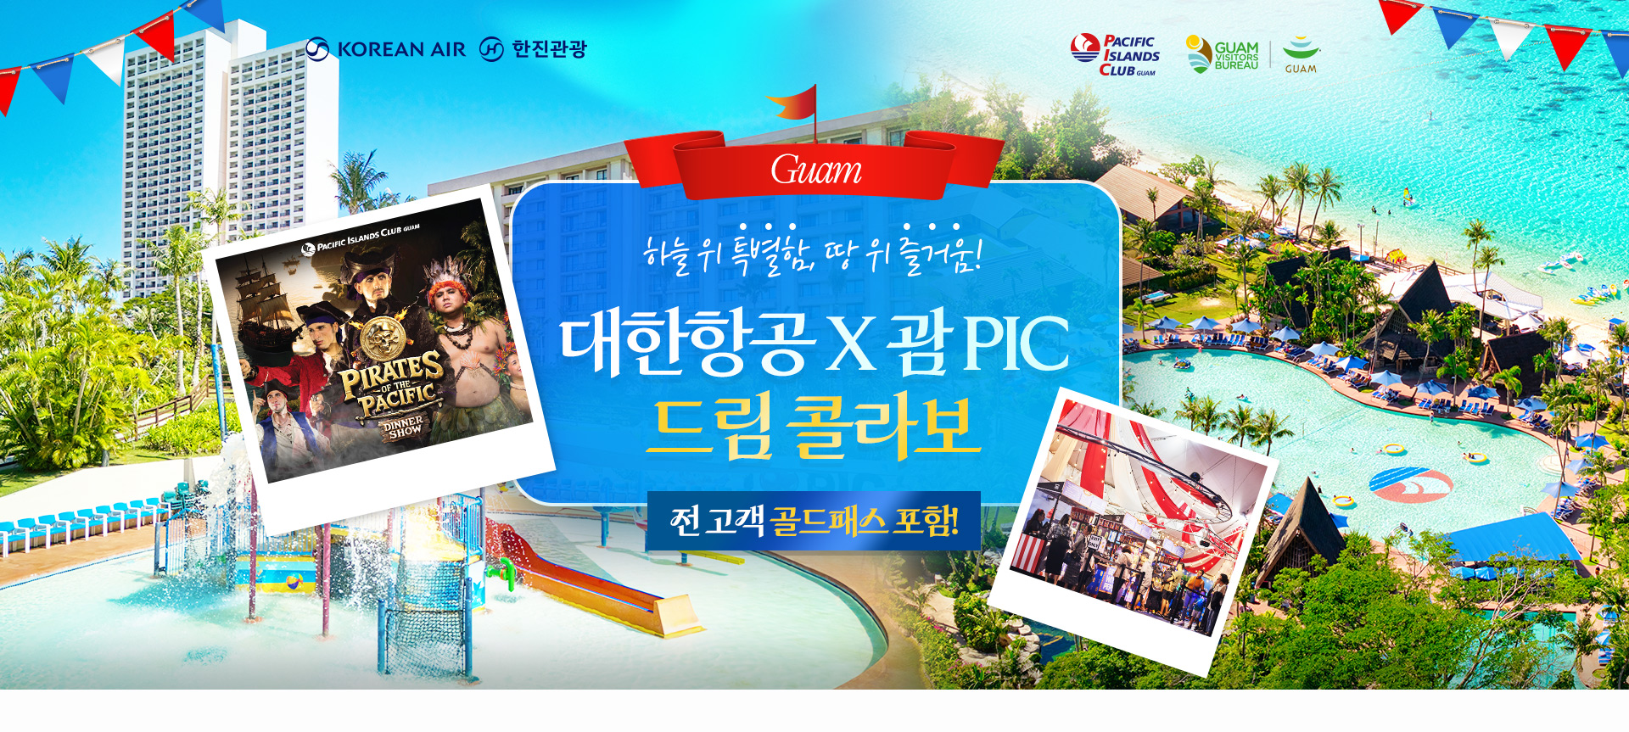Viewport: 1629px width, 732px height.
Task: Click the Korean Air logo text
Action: click(400, 50)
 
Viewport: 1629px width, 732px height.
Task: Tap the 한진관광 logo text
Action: click(548, 49)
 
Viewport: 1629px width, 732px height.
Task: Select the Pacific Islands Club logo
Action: click(1115, 55)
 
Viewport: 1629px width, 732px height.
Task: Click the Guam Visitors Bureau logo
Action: click(1223, 55)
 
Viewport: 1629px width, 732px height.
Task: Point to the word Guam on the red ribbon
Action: click(815, 170)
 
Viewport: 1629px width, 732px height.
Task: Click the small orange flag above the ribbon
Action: click(794, 105)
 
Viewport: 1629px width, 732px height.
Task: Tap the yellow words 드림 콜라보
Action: click(813, 426)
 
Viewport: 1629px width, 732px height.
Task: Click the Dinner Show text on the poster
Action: click(404, 426)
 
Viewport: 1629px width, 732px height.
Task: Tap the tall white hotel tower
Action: click(229, 144)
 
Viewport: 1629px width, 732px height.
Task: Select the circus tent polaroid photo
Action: click(1133, 526)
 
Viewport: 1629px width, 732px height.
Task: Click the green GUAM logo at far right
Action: click(1301, 55)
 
